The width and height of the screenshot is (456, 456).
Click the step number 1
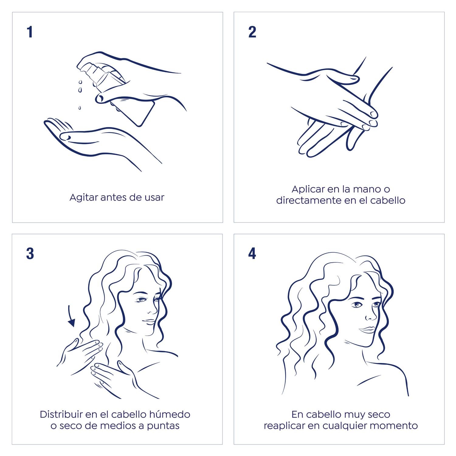coord(30,32)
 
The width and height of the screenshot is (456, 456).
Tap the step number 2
coord(252,32)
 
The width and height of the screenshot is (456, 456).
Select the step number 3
coord(30,254)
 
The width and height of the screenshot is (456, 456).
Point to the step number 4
coord(252,254)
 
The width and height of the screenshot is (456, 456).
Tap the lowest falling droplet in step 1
coord(80,108)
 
